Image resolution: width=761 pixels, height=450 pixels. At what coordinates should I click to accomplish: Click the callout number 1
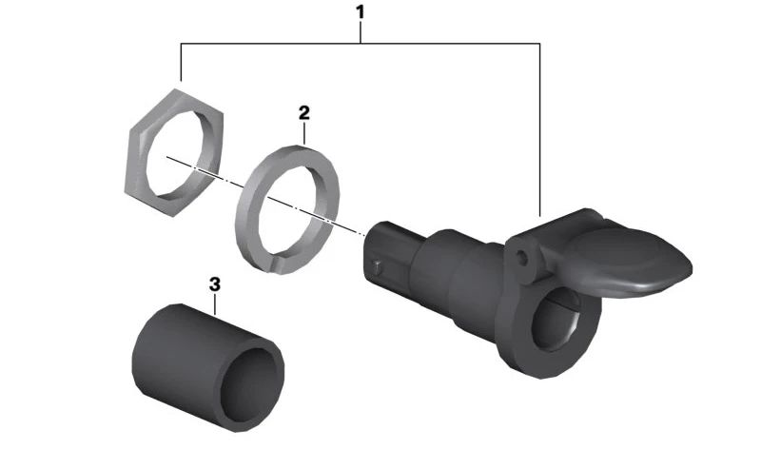(360, 12)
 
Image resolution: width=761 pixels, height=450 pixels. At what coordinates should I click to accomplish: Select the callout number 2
(303, 113)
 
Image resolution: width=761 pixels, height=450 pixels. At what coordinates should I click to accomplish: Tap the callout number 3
(215, 284)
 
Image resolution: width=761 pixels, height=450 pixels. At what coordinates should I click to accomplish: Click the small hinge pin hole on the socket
(522, 258)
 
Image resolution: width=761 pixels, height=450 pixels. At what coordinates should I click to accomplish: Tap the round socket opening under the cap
(557, 319)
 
